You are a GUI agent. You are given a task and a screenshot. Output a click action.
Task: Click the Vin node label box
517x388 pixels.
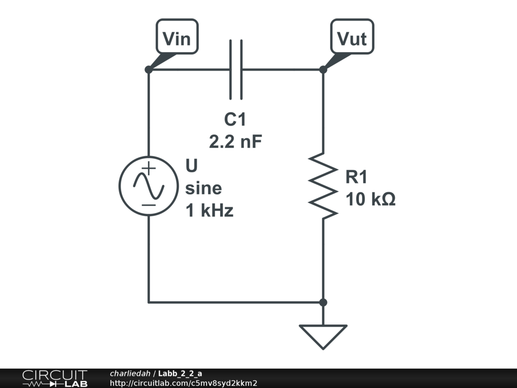click(x=177, y=37)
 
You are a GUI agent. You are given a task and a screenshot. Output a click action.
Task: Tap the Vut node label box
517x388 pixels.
click(x=352, y=37)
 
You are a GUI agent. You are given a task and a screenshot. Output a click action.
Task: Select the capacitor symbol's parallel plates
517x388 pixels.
click(x=236, y=69)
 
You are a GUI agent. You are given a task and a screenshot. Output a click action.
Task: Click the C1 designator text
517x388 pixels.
click(x=235, y=120)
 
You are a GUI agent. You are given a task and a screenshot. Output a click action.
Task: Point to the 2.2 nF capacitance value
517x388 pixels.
click(x=236, y=142)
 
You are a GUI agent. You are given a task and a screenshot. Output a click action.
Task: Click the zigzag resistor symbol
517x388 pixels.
click(x=323, y=185)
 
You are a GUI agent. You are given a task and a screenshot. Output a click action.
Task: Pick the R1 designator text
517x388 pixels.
click(x=357, y=177)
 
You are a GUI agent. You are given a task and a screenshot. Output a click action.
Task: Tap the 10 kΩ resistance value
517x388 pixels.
click(x=371, y=200)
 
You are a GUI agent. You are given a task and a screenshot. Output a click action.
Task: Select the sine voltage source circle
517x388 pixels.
click(x=148, y=186)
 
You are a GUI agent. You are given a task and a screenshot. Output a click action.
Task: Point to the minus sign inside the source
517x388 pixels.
click(x=148, y=205)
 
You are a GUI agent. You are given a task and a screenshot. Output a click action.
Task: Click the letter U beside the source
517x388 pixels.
click(x=192, y=166)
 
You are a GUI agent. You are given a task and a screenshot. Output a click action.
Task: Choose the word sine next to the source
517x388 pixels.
click(x=203, y=188)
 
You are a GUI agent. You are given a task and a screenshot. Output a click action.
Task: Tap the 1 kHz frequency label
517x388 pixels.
click(x=210, y=210)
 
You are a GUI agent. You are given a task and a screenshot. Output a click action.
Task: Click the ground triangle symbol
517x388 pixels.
click(x=323, y=335)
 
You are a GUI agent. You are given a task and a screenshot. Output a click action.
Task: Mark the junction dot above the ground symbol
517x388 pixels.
click(x=323, y=302)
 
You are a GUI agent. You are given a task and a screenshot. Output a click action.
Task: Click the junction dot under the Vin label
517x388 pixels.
click(x=148, y=69)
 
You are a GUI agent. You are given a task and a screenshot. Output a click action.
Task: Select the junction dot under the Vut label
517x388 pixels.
click(x=323, y=69)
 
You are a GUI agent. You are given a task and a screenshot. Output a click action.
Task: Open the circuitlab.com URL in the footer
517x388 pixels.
click(x=184, y=383)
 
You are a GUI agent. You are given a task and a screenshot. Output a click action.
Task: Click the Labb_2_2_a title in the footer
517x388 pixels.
click(x=180, y=373)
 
